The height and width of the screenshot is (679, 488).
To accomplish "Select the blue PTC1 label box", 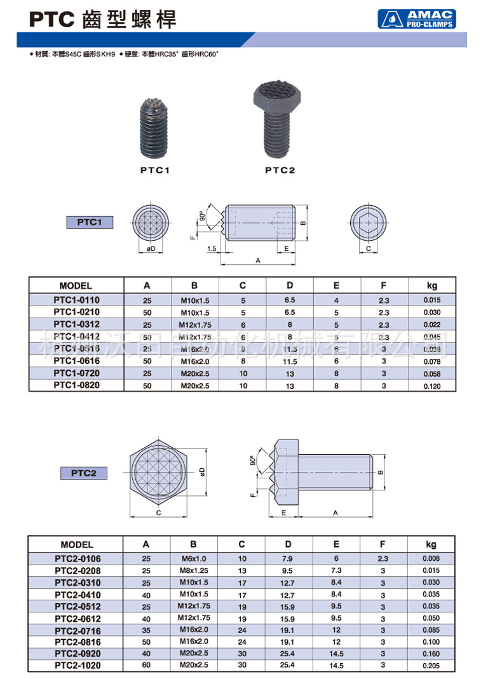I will click(90, 222).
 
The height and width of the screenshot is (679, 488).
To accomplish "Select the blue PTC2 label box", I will click(83, 473).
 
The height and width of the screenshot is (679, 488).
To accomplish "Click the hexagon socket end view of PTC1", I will click(368, 224).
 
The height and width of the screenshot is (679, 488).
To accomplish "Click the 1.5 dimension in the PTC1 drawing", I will click(212, 248).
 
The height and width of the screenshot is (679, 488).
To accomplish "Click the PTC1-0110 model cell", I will click(76, 300).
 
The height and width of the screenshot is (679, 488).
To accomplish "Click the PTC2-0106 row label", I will click(77, 558).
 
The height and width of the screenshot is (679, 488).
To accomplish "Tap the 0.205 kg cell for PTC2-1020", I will click(431, 666).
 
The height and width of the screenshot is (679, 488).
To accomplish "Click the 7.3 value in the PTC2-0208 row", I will click(336, 570).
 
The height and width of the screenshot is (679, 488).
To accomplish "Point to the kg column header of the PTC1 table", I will click(432, 286).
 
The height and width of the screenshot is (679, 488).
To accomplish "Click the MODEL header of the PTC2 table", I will click(77, 544).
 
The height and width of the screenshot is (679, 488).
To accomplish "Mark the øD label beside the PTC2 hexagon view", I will click(201, 472).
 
